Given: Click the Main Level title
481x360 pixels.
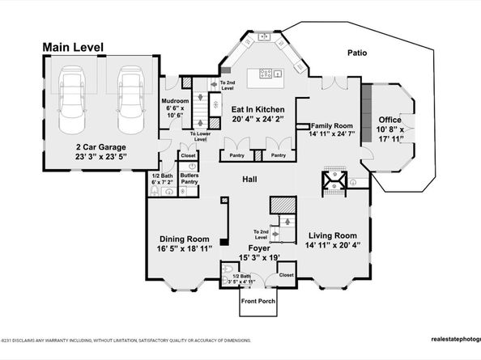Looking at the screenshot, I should [73, 48].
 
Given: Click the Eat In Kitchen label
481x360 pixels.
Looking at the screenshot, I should [257, 109].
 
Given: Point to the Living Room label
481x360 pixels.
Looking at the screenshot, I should [332, 235].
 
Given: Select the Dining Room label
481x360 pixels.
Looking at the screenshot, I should [183, 239].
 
